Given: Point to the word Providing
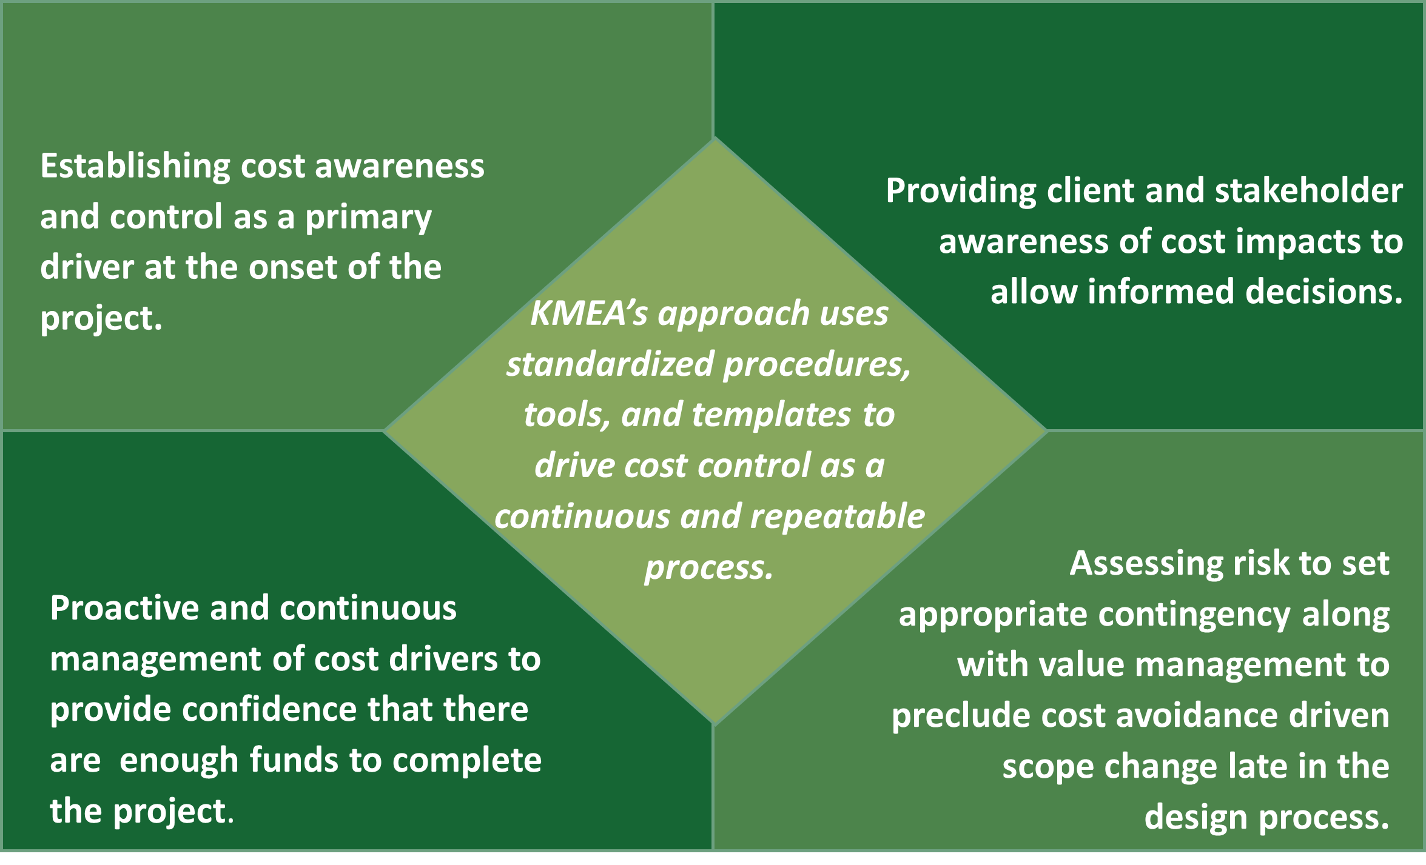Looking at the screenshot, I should coord(961,192).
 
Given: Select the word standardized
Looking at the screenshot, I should coord(610,364).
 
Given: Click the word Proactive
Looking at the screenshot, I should coord(125,608).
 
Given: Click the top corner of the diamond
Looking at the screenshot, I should coord(715,139).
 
